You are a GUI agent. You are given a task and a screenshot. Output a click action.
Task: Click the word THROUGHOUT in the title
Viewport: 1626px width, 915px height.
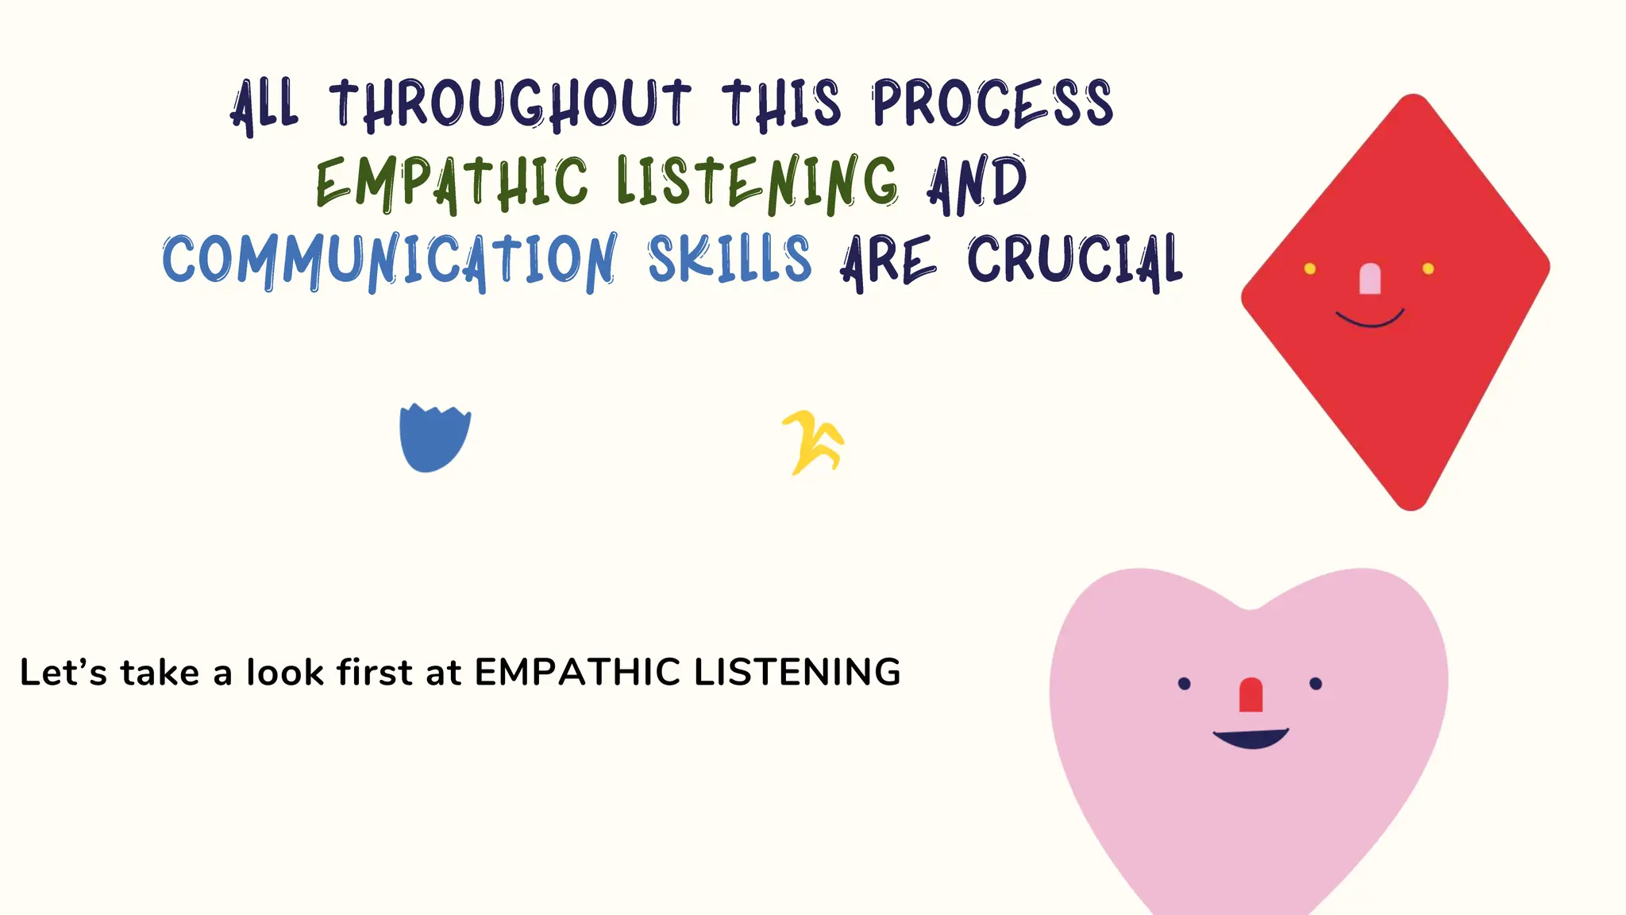pos(510,104)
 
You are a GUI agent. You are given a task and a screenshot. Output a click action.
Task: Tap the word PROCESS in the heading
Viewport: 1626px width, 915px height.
pos(992,103)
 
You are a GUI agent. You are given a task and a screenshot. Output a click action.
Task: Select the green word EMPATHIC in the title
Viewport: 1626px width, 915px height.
pos(452,183)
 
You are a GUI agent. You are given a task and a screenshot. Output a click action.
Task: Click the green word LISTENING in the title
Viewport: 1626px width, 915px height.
pos(757,183)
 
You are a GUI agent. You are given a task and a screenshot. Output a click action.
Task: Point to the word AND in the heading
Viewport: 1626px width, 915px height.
pos(977,183)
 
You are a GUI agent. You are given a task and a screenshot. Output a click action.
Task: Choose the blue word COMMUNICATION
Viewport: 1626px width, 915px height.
pos(389,261)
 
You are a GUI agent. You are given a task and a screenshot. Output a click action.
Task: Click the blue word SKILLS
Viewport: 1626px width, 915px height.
pos(730,260)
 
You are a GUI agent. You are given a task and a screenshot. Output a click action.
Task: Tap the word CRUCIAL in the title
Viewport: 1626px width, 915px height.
pos(1075,260)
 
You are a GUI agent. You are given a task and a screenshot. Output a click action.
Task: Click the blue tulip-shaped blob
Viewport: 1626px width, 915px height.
pos(434,438)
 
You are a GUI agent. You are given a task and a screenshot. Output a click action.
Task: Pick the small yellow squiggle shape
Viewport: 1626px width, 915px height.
pos(813,442)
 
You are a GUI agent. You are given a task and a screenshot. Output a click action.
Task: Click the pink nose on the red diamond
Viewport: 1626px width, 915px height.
pos(1370,279)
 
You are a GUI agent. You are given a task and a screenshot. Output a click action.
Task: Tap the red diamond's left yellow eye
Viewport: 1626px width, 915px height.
pos(1310,268)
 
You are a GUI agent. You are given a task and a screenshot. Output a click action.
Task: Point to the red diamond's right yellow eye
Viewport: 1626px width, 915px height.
pos(1428,268)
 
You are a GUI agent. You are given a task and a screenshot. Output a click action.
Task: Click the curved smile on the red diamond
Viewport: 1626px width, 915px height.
pos(1370,320)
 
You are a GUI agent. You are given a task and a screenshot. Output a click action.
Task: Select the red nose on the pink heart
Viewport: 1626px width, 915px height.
pos(1251,695)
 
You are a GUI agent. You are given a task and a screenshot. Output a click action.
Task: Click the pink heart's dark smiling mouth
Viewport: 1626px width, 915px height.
pos(1251,739)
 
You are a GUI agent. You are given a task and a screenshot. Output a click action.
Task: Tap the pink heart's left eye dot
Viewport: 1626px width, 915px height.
pos(1185,683)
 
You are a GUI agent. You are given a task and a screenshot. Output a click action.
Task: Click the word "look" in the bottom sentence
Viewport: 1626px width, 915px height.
pos(285,673)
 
